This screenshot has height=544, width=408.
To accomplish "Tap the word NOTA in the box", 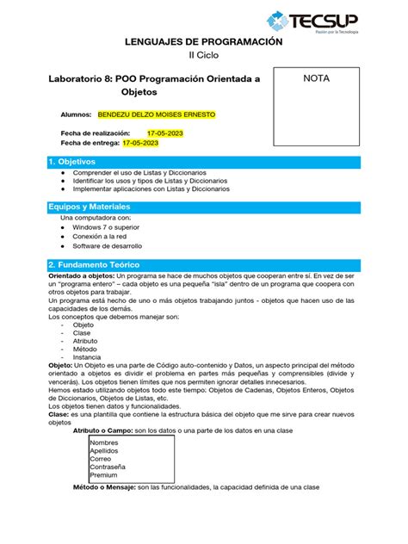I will coord(315,78).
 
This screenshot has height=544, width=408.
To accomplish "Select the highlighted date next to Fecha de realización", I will coord(164,133).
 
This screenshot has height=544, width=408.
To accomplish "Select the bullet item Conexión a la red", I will coord(113,237).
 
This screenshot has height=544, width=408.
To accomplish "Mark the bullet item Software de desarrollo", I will coord(118,246).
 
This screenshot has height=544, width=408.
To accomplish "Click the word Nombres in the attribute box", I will coord(104,442).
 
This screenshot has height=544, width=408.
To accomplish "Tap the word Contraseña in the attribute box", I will coord(108,467).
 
